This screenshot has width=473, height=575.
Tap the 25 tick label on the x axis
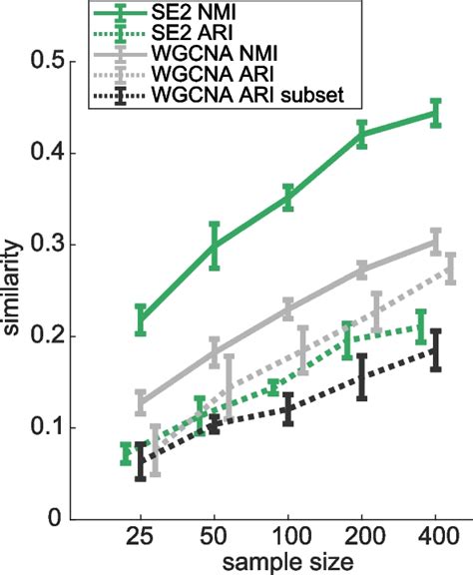pos(141,537)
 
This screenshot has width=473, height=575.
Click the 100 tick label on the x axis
pos(287,537)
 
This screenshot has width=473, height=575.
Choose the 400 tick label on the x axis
pos(435,537)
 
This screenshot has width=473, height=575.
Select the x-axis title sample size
pos(287,561)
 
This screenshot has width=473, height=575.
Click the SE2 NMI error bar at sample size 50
pos(215,247)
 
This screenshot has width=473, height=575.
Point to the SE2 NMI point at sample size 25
pos(141,318)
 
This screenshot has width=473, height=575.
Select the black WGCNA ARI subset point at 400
pos(435,349)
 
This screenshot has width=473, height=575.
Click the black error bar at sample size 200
pos(361,376)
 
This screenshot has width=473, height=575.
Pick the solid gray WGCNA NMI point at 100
pos(287,309)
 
